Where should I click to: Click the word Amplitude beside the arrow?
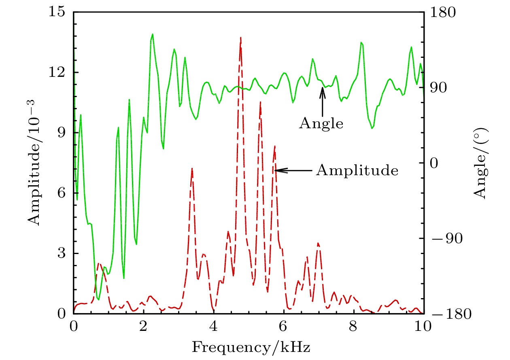coord(357,170)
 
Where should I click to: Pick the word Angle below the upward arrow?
coord(321,123)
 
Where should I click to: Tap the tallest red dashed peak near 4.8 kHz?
coord(241,38)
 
